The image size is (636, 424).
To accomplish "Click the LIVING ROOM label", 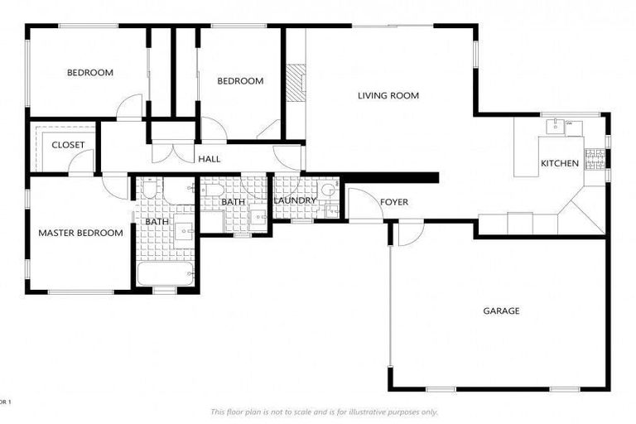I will point(388,96).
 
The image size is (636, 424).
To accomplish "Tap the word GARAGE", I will point(501,311).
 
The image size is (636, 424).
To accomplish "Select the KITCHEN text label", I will point(560,163).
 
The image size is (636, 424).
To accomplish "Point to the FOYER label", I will point(393,202).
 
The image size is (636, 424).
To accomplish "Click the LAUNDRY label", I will point(295,200).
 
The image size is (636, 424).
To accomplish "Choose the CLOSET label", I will point(68,145).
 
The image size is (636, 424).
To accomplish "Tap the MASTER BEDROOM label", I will point(80,233).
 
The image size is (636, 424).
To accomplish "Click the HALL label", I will point(208,158).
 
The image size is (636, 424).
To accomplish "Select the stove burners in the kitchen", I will point(595,158).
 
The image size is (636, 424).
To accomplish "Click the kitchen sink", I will point(555,127).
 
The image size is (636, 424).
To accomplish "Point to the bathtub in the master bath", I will point(165,272).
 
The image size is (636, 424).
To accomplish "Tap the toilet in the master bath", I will point(150,190).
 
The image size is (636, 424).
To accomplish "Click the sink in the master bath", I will point(185,232).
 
